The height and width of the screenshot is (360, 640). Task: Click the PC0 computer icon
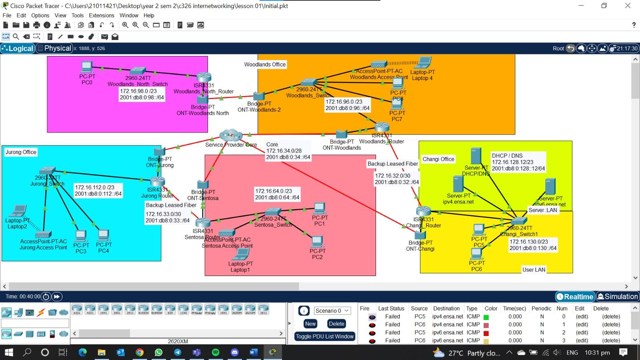coord(87,67)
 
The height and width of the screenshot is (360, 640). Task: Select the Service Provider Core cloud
coord(231,135)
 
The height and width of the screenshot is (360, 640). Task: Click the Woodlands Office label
coord(265,64)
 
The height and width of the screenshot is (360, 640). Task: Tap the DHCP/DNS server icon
coord(476,156)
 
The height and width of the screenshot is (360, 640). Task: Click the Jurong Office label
coord(21,152)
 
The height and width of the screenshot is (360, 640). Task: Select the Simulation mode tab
coord(618,296)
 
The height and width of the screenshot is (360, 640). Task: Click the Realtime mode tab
coord(574,296)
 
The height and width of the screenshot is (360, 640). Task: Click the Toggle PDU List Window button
coord(325,336)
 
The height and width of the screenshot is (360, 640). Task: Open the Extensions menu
coord(101,15)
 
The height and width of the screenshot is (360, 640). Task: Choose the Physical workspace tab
coord(54,48)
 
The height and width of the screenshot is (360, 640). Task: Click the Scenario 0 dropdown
coord(332,311)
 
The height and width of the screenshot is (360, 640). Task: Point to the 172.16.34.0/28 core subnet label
coord(284,151)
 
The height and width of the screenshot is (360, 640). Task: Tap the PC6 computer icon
coord(476,254)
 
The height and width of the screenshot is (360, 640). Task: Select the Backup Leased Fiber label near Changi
coord(392,164)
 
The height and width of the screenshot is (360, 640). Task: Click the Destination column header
coord(446,308)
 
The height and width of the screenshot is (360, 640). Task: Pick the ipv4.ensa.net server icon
coord(458,184)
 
